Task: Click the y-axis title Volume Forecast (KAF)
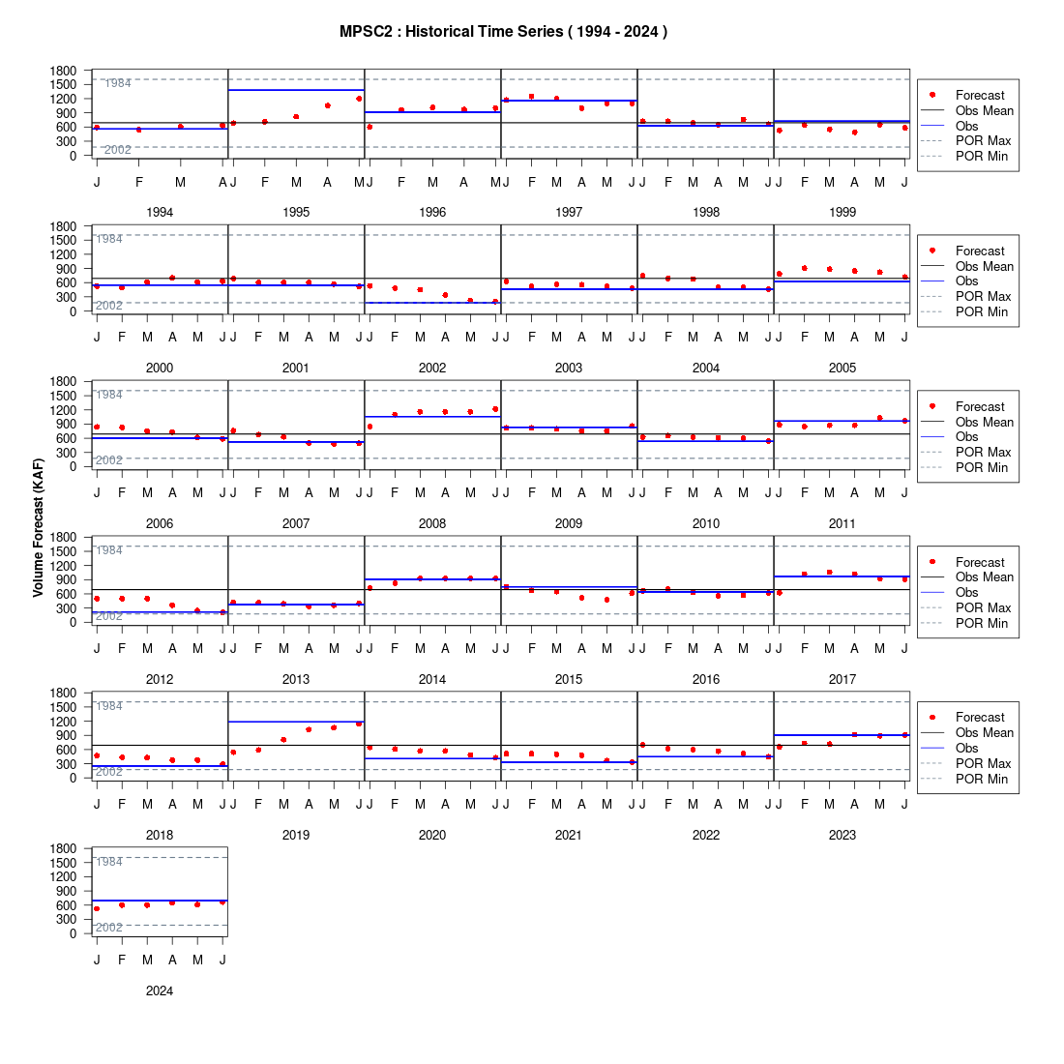tap(38, 527)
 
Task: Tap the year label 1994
tap(160, 213)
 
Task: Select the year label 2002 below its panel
tap(432, 368)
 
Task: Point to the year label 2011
tap(842, 523)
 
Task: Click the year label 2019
tap(296, 835)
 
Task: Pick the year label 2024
tap(160, 990)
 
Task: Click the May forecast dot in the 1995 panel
tap(359, 99)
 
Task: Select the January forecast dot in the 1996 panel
tap(369, 127)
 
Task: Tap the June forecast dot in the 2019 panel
tap(359, 724)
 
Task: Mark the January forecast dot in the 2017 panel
tap(779, 593)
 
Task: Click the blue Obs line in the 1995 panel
tap(297, 90)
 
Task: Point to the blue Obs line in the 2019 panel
tap(297, 722)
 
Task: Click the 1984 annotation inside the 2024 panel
tap(109, 862)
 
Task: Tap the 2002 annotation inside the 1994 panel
tap(117, 150)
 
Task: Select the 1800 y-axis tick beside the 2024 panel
tap(63, 848)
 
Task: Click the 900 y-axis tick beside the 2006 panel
tap(67, 424)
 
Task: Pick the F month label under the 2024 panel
tap(122, 960)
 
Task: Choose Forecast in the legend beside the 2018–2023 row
tap(980, 718)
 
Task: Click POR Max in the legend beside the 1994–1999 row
tap(984, 141)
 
